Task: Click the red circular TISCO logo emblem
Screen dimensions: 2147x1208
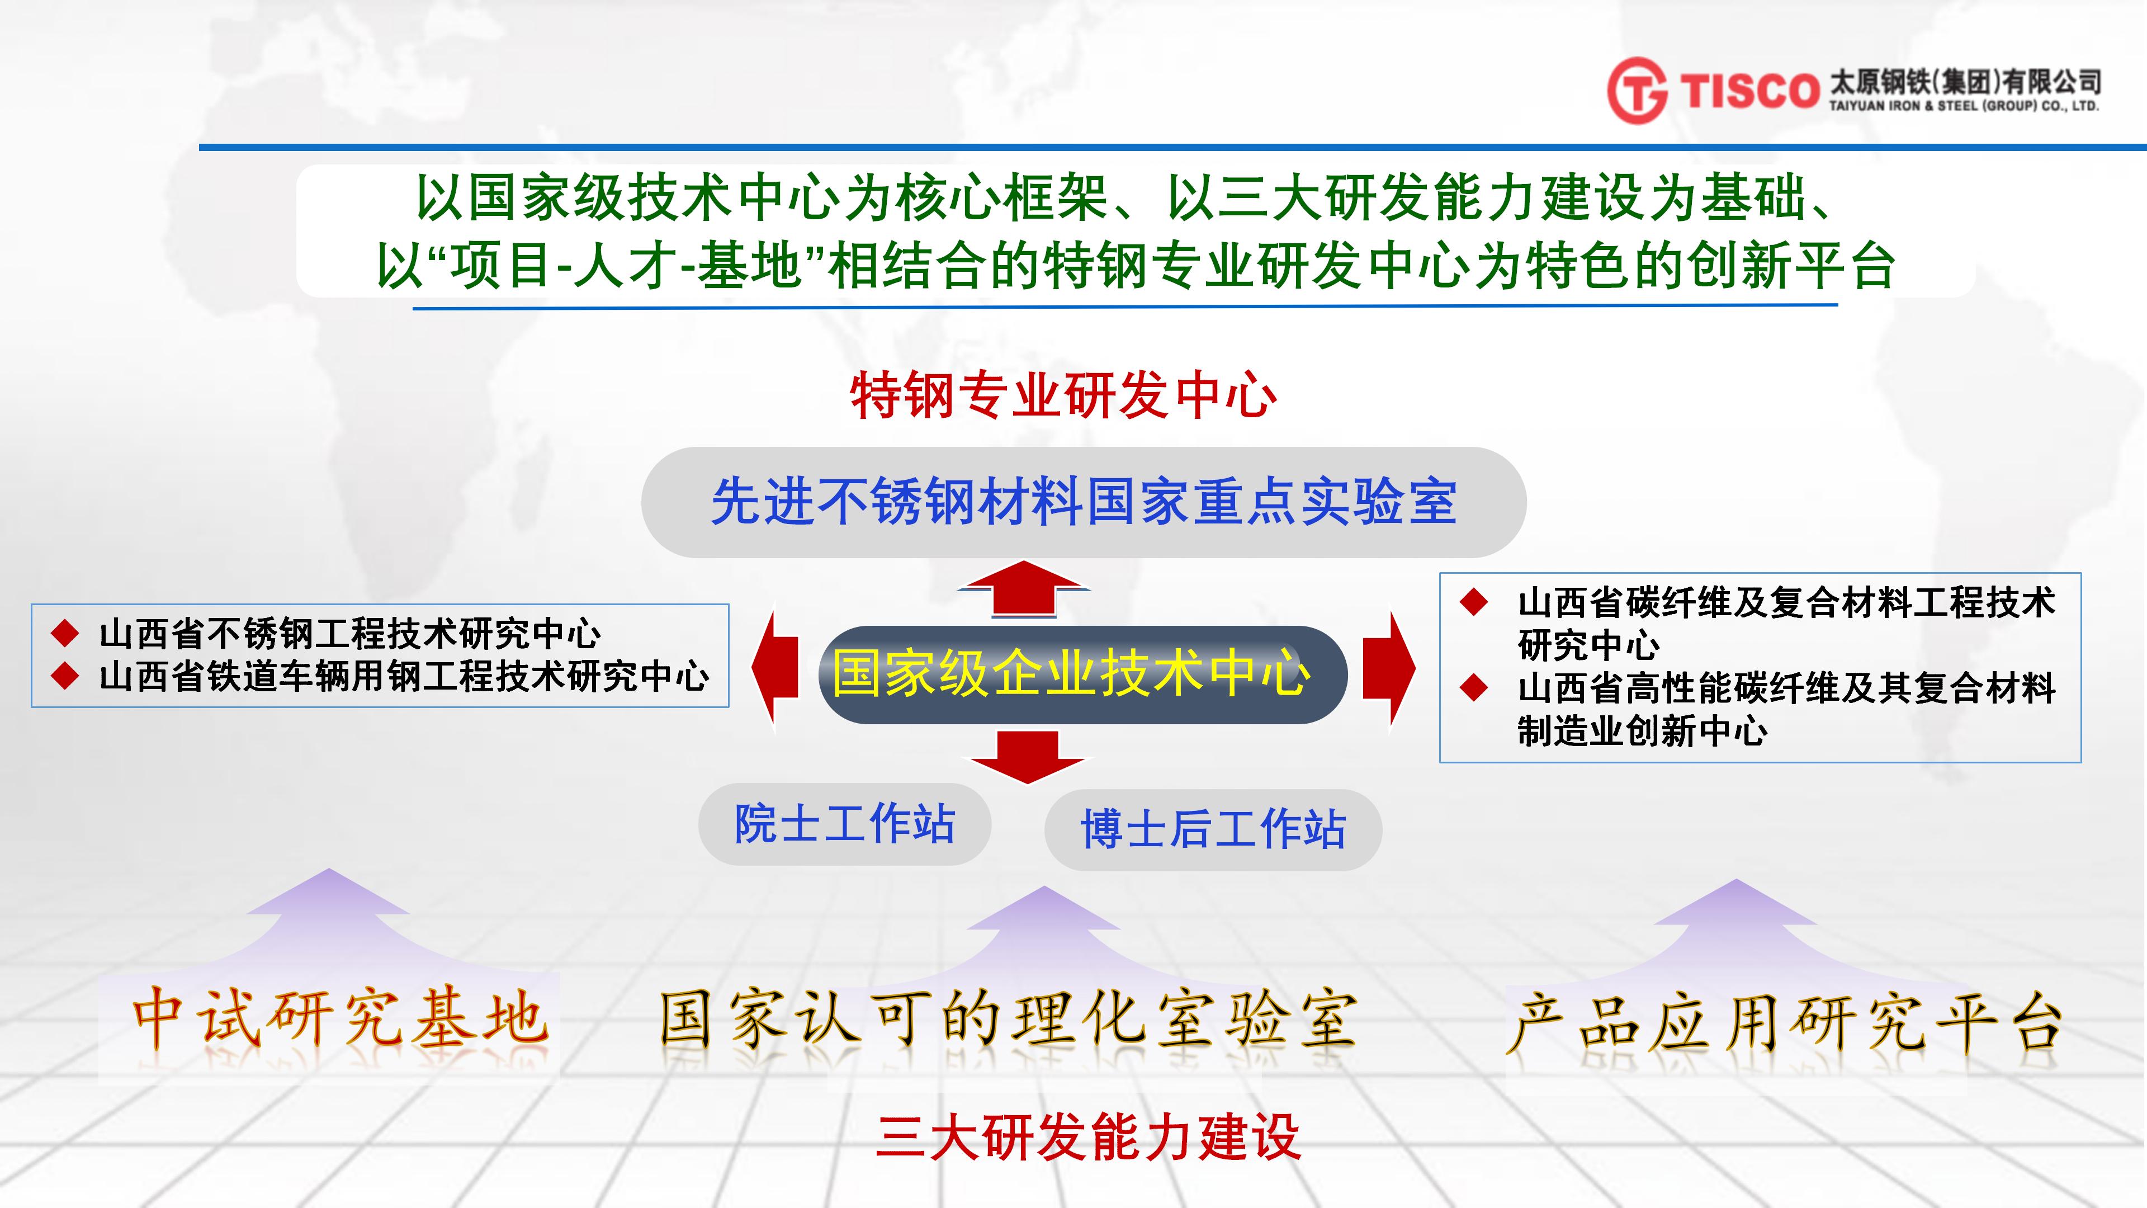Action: tap(1638, 90)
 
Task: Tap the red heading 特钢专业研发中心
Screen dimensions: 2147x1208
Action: tap(1063, 395)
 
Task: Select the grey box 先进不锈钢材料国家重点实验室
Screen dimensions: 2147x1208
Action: tap(1084, 502)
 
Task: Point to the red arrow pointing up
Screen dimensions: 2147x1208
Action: tap(1024, 588)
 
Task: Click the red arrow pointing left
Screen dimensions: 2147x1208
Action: tap(775, 667)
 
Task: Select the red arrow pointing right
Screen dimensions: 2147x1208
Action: tap(1388, 667)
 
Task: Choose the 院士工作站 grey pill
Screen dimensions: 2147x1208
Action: tap(844, 824)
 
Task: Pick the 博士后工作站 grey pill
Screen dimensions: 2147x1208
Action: tap(1213, 829)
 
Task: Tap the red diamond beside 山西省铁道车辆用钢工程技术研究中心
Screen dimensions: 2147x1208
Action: tap(65, 675)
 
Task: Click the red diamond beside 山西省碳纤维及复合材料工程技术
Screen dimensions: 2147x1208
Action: tap(1474, 602)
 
